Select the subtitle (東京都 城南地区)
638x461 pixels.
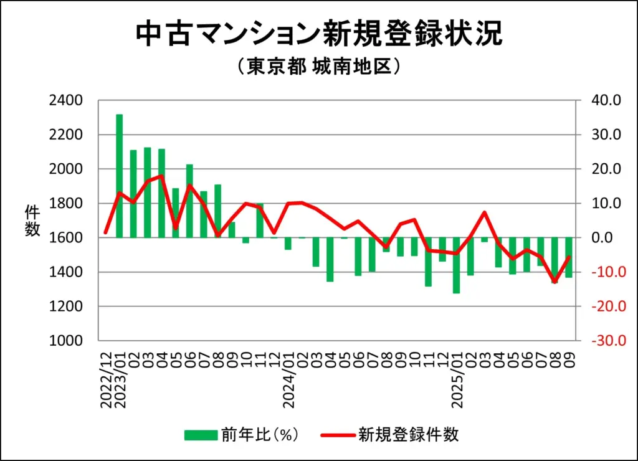[x=318, y=67]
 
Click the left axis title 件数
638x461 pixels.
[x=32, y=221]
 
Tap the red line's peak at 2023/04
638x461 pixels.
[x=161, y=176]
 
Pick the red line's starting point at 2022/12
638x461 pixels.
[x=106, y=232]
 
